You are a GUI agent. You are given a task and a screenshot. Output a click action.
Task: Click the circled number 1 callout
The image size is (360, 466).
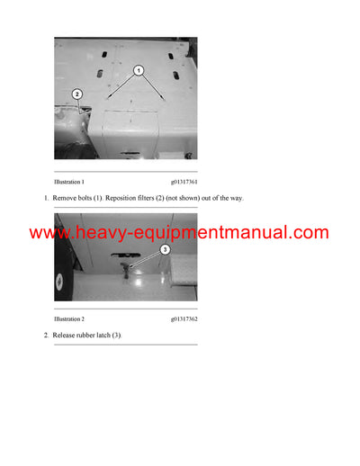[x=138, y=69]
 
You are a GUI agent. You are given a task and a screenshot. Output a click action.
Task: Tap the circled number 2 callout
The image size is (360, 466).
[x=77, y=94]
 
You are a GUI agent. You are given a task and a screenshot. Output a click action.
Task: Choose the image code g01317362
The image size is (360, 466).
[x=184, y=318]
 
